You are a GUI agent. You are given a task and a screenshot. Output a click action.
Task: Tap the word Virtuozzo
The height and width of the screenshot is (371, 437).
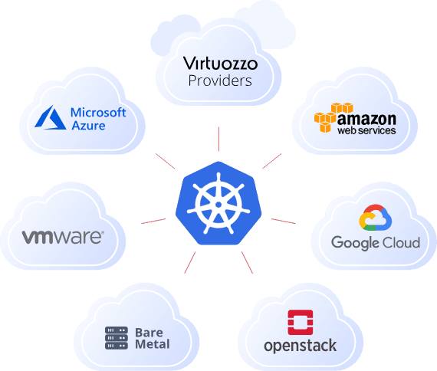tap(220, 63)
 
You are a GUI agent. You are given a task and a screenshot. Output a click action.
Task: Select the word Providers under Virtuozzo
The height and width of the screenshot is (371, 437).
tap(220, 80)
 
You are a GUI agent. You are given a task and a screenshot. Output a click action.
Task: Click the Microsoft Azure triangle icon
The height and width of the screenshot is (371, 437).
tap(51, 118)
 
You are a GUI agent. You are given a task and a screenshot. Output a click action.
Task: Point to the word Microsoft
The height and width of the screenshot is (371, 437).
tap(98, 112)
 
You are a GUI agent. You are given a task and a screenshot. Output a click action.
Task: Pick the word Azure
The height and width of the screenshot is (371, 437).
tap(88, 125)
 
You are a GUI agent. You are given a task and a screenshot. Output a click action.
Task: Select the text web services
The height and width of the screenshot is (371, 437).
tap(367, 132)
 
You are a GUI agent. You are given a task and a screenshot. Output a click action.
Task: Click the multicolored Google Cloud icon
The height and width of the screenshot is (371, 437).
tap(375, 219)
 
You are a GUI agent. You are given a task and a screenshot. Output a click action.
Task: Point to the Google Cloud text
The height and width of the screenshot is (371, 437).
tap(375, 243)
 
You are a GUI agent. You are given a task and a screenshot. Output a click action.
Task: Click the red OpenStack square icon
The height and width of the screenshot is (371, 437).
tap(300, 323)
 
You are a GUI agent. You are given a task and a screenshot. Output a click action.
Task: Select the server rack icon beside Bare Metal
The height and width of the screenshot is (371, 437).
tap(117, 338)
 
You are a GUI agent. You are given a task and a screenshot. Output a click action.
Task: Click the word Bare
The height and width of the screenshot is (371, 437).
tap(149, 332)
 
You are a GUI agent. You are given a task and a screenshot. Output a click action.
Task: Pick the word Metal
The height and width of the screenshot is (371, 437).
tap(152, 344)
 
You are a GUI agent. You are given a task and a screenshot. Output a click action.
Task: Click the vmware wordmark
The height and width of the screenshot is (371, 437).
tap(62, 237)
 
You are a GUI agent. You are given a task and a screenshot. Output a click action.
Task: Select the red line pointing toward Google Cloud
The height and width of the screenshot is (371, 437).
tap(283, 221)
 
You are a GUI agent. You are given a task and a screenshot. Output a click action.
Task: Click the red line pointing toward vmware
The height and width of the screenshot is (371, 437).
tap(153, 221)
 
